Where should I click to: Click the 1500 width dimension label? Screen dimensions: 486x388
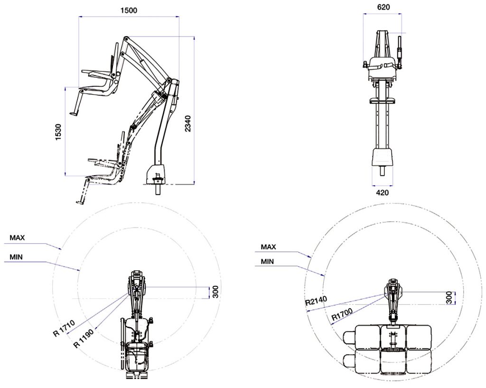coord(129,10)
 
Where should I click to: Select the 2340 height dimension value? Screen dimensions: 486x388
coord(188,123)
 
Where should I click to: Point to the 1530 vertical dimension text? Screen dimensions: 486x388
coord(58,132)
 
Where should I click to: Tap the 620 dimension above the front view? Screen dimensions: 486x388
coord(383,7)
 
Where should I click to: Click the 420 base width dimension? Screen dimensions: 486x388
coord(382,193)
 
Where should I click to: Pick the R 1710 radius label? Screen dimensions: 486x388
coord(64,329)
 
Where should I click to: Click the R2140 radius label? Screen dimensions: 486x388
coord(316,301)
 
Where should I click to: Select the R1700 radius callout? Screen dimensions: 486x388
coord(342,316)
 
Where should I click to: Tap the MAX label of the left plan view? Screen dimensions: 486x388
coord(17,238)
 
